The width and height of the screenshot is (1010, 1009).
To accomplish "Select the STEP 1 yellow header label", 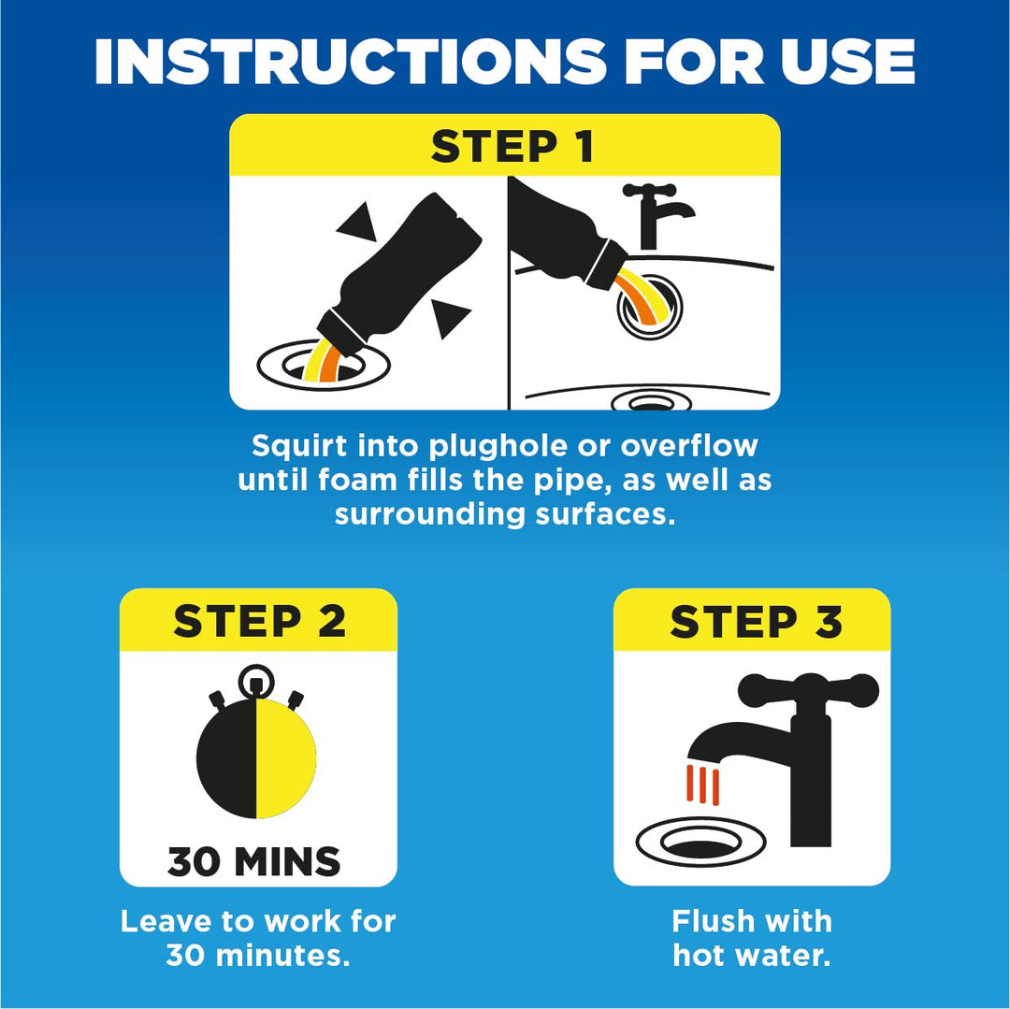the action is coord(512,146).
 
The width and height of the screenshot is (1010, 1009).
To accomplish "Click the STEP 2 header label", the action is coord(259,621).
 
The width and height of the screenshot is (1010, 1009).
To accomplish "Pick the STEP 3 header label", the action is coord(756,621).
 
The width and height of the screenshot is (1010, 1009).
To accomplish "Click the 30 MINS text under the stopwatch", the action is coord(253,861).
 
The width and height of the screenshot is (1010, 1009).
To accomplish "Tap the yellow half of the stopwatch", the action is coord(286,758).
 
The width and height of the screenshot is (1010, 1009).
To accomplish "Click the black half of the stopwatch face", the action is coord(226,758).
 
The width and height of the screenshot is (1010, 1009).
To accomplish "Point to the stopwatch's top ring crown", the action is coord(256,682).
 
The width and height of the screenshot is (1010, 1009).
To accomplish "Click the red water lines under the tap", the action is coord(702,784).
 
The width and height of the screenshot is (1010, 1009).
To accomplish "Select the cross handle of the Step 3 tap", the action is coord(808,689).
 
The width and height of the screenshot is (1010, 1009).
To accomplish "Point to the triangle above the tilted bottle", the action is coord(357,223).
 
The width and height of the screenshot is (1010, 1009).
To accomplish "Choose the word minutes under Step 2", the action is coord(282,955).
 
